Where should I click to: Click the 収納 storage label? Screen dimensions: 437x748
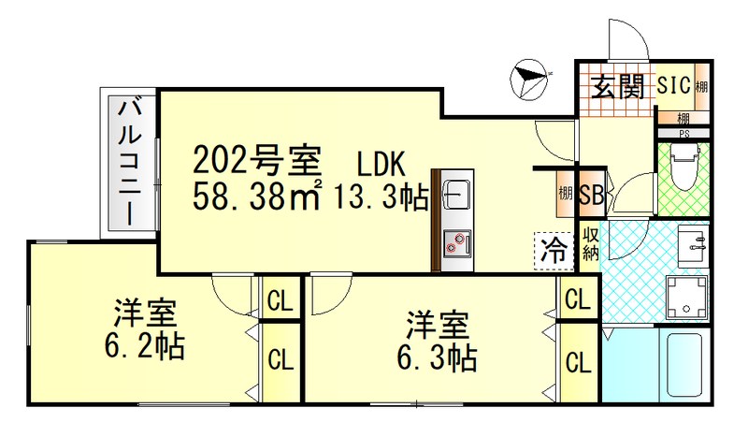pyautogui.click(x=590, y=243)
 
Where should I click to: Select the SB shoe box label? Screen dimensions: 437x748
pyautogui.click(x=590, y=197)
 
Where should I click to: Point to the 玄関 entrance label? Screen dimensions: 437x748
pyautogui.click(x=616, y=88)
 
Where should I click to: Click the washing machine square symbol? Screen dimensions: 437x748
pyautogui.click(x=687, y=297)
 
